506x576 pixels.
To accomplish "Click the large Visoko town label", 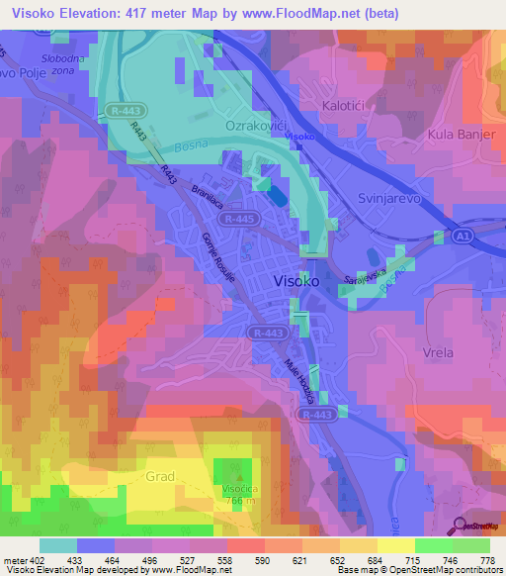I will coord(295,281).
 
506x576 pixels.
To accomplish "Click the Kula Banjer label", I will coord(461,134).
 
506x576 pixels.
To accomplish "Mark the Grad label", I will coord(160,476).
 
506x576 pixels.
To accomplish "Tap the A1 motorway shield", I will coord(461,237).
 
